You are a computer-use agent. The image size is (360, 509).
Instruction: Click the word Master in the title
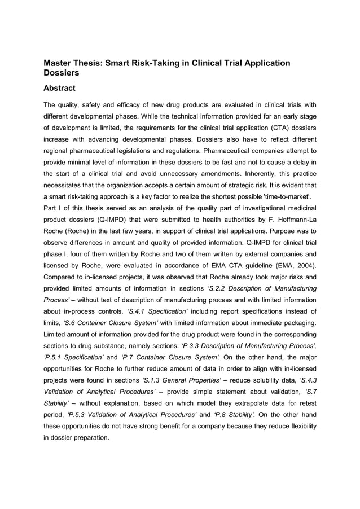click(x=60, y=63)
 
